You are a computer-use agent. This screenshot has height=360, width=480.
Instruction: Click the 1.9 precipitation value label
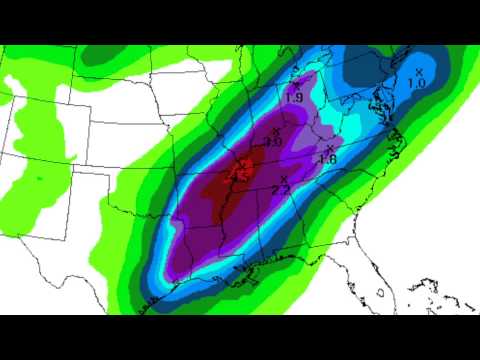click(x=294, y=98)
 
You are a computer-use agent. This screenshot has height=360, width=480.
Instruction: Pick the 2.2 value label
click(x=281, y=190)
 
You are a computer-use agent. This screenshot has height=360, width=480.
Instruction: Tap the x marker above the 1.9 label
click(x=296, y=84)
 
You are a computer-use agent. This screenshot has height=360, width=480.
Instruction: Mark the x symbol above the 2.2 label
click(x=284, y=178)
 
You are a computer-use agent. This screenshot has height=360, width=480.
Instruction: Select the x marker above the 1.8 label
click(x=329, y=148)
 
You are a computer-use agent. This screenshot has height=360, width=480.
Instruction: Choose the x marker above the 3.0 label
click(x=275, y=131)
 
